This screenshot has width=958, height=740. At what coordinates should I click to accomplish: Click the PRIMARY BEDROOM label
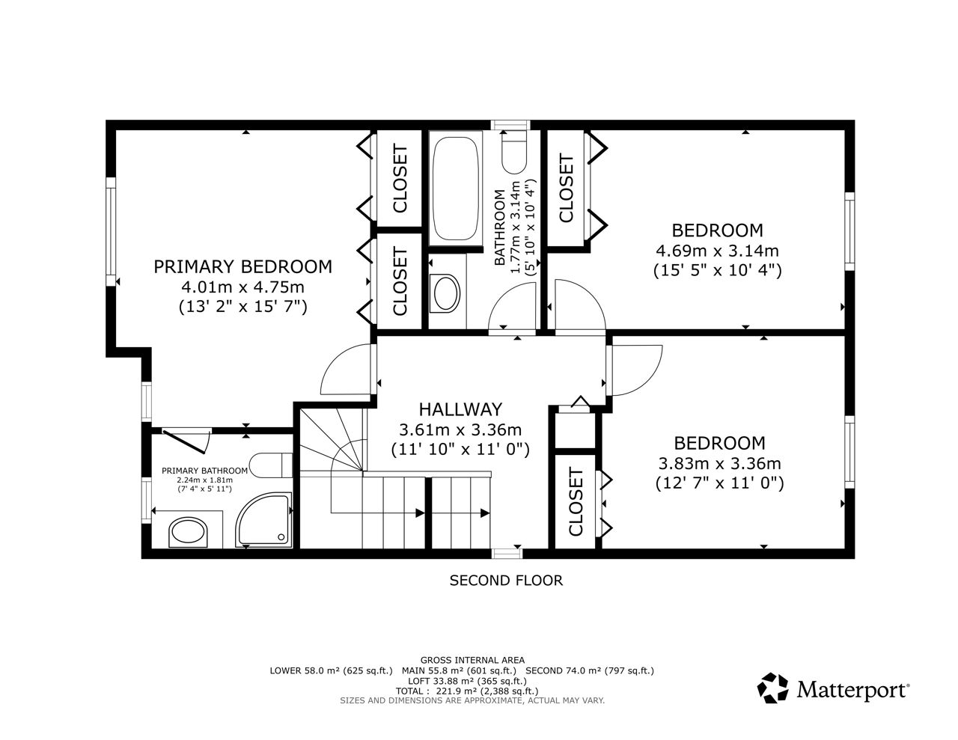pos(242,266)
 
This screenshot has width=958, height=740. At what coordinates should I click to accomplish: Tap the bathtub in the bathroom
pos(455,189)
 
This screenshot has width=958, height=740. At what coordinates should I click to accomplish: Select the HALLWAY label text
pos(460,409)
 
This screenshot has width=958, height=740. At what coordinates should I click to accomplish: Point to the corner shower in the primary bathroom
pos(263,519)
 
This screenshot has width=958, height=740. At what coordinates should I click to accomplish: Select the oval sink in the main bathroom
pos(445,293)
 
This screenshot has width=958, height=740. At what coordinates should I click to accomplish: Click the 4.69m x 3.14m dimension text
pos(717,251)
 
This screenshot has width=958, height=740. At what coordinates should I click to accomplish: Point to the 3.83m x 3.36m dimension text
pos(719,463)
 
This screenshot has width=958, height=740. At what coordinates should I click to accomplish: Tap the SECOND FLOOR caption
pos(506,581)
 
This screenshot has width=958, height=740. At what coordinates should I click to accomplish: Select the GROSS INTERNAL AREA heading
pos(472,660)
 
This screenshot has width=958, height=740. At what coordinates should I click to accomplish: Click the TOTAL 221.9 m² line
pos(467,691)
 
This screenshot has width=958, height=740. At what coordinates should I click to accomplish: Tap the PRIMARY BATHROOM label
pos(204,471)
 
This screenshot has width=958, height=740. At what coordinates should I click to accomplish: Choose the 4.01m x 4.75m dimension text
pos(243,287)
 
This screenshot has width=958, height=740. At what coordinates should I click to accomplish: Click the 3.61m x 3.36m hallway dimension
pos(460,429)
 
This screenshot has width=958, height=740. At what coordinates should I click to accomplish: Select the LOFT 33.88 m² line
pos(461,681)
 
